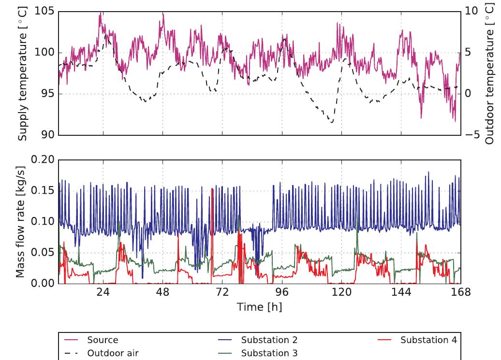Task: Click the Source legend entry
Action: tap(103, 340)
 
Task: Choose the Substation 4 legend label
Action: tap(428, 340)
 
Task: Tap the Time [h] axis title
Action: tap(259, 307)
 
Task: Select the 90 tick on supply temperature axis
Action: tap(47, 135)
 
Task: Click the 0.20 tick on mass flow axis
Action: tap(42, 160)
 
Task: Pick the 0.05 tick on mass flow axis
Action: tap(42, 253)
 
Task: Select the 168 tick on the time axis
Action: tap(460, 292)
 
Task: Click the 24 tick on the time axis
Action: tap(103, 292)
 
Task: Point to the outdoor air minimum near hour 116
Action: tap(331, 122)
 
